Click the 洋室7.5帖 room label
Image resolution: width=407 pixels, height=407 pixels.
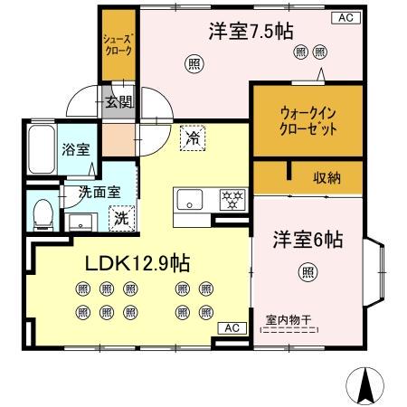tap(251, 32)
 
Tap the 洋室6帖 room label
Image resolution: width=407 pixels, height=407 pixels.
tap(308, 240)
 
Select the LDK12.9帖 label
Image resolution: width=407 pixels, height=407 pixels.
tap(137, 263)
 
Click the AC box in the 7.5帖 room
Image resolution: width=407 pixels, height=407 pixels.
tap(345, 18)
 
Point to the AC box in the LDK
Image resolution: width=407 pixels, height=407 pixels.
tap(232, 328)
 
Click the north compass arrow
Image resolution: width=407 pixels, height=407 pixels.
tap(365, 386)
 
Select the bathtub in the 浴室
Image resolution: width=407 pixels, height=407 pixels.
tap(42, 149)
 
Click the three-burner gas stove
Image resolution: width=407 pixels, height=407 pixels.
tap(232, 200)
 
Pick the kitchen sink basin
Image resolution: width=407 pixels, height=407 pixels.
tap(189, 200)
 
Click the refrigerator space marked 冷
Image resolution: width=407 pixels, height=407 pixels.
tap(193, 138)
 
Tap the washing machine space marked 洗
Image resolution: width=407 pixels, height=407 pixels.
tap(122, 218)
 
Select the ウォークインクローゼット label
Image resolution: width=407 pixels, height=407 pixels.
tap(308, 121)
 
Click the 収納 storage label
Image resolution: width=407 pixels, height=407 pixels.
tap(327, 178)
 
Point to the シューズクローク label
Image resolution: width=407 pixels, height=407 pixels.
tap(118, 45)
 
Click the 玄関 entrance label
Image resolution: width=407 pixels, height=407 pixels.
tap(119, 103)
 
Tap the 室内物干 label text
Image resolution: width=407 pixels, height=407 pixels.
tap(289, 320)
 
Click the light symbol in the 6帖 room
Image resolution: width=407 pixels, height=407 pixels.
tap(308, 272)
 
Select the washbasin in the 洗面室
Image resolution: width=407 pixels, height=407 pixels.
tap(80, 222)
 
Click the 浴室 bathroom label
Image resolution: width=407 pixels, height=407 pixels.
tap(76, 149)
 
